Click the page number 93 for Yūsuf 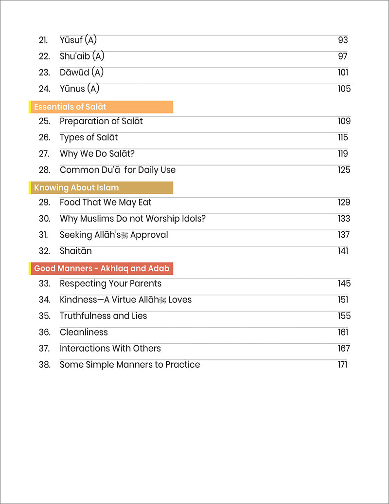tap(343, 40)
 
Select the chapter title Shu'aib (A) tap(82, 56)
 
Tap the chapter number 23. tap(44, 73)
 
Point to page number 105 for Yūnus tap(344, 89)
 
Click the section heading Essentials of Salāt tap(70, 107)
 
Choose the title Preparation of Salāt tap(101, 121)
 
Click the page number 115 tap(343, 137)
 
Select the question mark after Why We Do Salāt tap(132, 154)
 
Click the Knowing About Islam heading tap(76, 187)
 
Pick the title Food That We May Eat tap(106, 203)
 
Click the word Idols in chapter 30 tap(191, 219)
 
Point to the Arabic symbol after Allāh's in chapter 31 tap(124, 236)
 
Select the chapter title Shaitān tap(76, 251)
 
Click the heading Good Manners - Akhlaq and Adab tap(102, 268)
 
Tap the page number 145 tap(344, 283)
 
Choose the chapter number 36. tap(44, 332)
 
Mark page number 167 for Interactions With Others tap(344, 349)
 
